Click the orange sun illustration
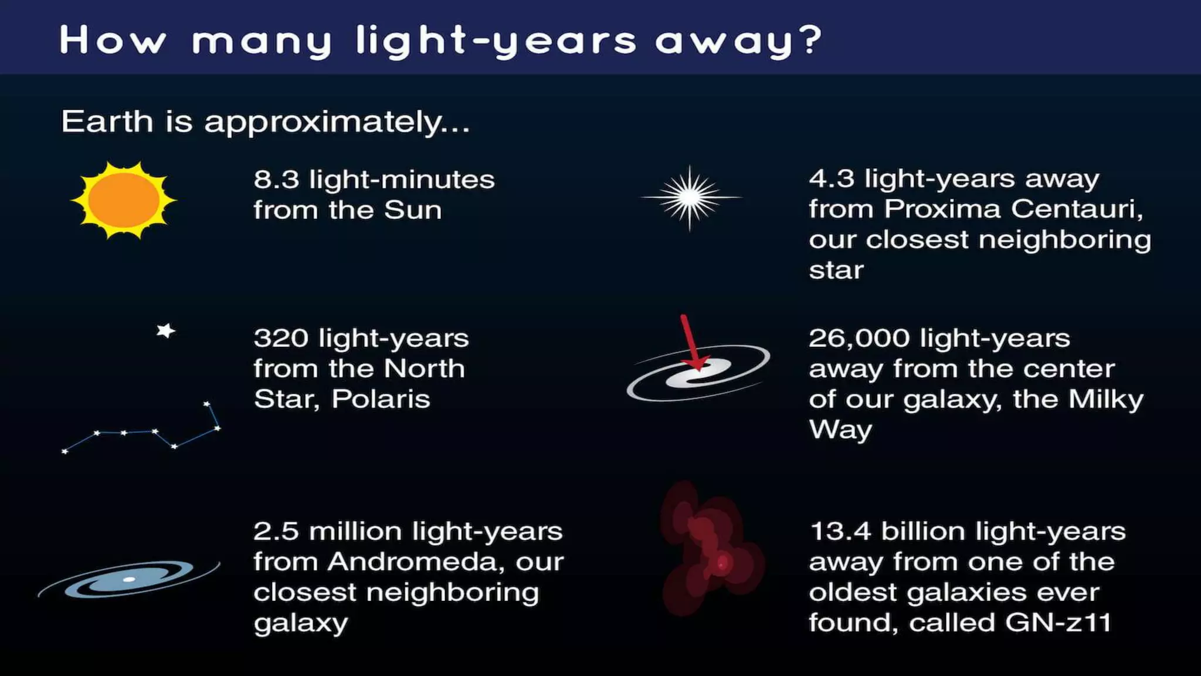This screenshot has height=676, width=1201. point(123,200)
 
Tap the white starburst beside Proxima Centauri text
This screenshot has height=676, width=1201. point(690,198)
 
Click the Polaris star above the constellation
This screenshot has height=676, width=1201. point(166,331)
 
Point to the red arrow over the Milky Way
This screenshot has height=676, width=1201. point(692,343)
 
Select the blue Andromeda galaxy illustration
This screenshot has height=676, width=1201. point(129,579)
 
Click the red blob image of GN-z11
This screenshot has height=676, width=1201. point(711,549)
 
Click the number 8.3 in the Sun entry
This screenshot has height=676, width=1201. point(276,180)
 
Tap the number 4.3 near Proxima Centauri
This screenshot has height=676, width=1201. point(832,178)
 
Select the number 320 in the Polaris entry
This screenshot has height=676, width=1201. point(281,338)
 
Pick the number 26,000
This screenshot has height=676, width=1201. point(859,339)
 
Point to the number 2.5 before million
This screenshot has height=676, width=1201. point(276,532)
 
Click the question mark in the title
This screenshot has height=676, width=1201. point(811,40)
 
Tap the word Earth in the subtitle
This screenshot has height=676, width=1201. point(107,121)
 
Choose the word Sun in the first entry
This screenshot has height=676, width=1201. point(413,210)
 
